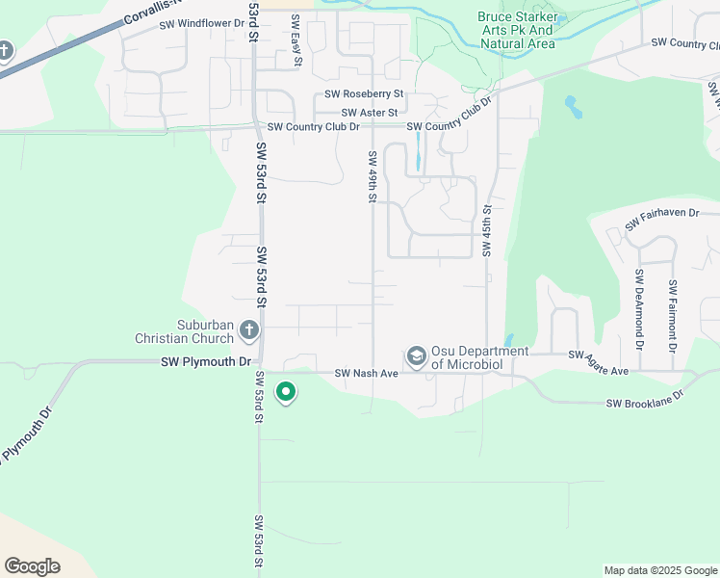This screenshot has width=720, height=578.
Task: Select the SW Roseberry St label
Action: [363, 94]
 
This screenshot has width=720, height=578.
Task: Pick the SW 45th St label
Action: [487, 231]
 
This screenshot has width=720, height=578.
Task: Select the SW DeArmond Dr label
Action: [638, 309]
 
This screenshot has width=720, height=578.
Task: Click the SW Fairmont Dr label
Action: [672, 315]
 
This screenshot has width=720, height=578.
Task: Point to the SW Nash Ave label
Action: [366, 373]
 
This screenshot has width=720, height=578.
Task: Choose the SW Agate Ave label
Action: [598, 364]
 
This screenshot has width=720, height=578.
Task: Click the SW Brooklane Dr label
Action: [644, 400]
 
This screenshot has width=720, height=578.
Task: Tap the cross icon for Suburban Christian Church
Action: [249, 331]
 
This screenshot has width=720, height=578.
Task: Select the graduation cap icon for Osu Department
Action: [416, 357]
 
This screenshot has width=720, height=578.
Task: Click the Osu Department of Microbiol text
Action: [479, 357]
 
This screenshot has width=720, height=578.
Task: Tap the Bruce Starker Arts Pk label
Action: [517, 30]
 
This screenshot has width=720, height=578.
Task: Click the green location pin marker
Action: [285, 392]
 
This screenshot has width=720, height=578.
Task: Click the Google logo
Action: [32, 566]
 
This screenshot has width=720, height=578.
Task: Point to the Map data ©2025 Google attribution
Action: [660, 570]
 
